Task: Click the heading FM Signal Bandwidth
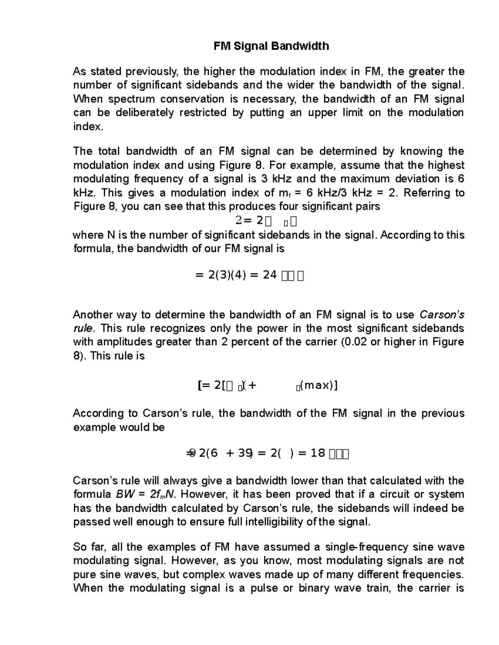coord(271,46)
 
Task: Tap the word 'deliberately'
coord(144,113)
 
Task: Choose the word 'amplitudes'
coord(126,342)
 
